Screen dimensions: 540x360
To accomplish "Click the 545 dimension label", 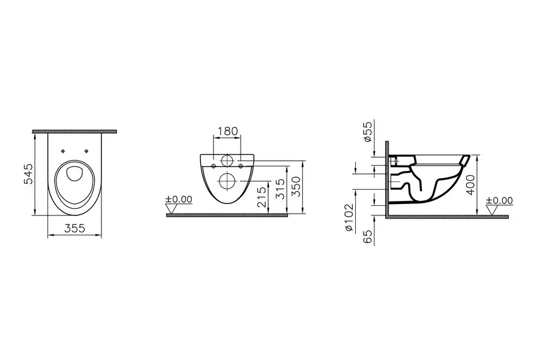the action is click(28, 174).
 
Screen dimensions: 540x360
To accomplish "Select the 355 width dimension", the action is click(75, 228).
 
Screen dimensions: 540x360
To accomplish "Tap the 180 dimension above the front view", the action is click(228, 131).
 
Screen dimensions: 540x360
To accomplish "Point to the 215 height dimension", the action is click(262, 197).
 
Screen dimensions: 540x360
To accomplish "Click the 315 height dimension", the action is click(281, 189).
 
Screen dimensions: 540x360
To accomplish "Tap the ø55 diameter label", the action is click(368, 131).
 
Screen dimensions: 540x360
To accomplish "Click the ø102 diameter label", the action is click(349, 218).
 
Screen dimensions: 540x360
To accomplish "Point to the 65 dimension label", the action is click(368, 237).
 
